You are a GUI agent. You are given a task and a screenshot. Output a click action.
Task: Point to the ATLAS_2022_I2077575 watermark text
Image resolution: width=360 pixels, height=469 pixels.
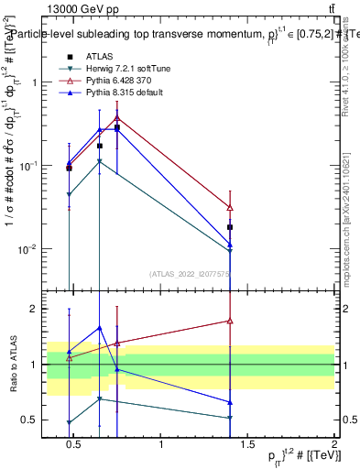coord(191,274)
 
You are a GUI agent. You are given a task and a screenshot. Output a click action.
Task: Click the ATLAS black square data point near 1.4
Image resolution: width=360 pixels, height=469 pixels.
coord(230,227)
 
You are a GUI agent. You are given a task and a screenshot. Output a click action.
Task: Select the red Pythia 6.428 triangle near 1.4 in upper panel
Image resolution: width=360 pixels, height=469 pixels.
coord(230,208)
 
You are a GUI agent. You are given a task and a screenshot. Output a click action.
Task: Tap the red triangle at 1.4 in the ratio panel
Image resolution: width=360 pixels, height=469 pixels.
coord(230,321)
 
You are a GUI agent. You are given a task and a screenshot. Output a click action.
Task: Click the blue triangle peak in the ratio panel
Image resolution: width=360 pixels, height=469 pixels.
coord(100,328)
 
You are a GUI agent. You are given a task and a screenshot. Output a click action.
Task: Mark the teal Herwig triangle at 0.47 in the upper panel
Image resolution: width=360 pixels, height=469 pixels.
coord(70,195)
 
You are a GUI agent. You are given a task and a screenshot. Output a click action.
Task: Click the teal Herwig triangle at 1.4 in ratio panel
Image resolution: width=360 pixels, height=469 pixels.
coord(230,418)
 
